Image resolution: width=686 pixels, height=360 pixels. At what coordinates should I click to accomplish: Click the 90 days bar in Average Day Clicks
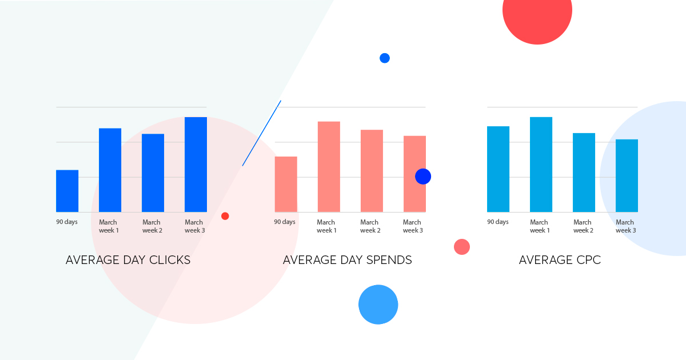coord(67,191)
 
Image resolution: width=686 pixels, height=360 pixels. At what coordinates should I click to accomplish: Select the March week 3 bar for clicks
coord(196,165)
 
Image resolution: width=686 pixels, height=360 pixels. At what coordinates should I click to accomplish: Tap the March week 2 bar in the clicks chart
coord(153,173)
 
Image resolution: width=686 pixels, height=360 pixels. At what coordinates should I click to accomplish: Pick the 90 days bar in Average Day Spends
coord(286,184)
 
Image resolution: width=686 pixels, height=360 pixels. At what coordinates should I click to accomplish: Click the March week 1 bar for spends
coord(329,166)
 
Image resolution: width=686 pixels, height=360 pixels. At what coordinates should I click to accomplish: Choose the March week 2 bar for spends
coord(372,171)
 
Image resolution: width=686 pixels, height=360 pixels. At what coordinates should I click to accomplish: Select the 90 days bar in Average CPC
coord(498,169)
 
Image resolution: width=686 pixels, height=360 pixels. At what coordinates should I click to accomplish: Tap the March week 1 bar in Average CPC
coord(541,165)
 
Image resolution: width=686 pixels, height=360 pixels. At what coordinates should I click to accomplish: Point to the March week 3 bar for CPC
coord(627,175)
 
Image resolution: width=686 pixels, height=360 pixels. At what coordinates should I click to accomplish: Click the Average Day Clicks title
coord(128,260)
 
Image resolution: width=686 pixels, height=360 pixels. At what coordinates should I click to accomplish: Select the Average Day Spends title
coord(348,260)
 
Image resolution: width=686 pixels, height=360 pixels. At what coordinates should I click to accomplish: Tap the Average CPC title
coord(560,260)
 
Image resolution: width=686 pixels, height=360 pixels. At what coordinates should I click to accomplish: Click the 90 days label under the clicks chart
coord(67,222)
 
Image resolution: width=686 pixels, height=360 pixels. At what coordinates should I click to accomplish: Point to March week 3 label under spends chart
coord(413,226)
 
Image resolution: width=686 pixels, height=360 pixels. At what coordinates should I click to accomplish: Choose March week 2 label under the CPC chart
coord(583,226)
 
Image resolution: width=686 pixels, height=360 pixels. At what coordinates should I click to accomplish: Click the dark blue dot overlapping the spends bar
coord(423,177)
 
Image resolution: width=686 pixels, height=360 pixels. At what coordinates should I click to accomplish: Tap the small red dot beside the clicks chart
coord(225,216)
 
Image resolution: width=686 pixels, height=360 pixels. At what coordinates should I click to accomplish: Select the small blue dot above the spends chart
coord(385,58)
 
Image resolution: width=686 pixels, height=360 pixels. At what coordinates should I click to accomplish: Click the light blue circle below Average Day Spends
coord(378,305)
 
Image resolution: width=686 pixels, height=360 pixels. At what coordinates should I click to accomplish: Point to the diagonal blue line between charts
coord(262,134)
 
